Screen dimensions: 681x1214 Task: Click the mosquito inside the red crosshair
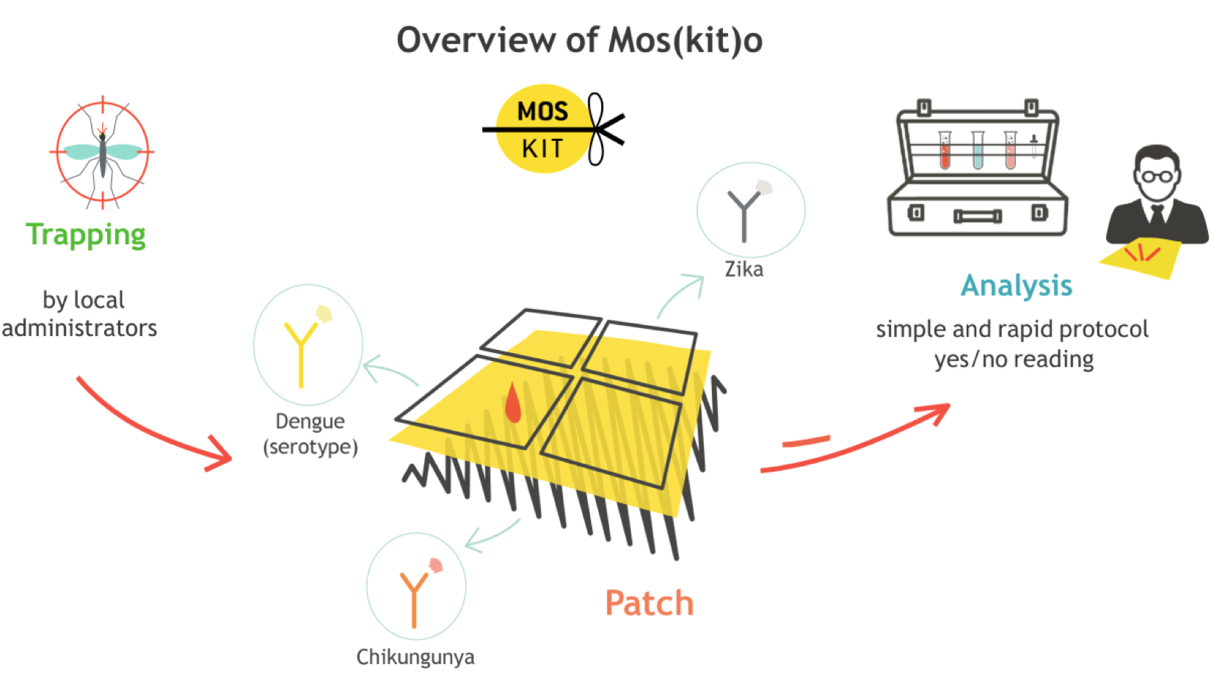102,152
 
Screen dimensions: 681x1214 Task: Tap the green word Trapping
86,235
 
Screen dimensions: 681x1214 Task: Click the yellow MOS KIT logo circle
543,129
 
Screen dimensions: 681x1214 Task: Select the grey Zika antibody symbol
744,212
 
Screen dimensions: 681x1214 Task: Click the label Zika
744,269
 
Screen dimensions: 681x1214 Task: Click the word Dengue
310,421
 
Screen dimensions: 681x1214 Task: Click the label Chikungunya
415,657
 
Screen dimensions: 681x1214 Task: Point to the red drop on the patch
513,404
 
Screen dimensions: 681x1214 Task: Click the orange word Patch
649,603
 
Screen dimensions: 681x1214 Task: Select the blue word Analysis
1017,285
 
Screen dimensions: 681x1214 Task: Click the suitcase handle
978,216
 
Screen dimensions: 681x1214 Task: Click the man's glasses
1157,176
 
